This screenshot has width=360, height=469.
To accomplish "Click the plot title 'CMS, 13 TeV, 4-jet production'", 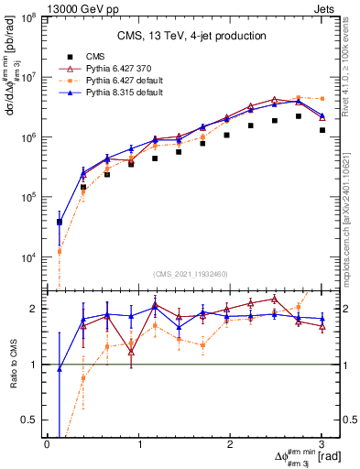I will click(192, 36).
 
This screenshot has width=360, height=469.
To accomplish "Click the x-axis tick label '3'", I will click(322, 443).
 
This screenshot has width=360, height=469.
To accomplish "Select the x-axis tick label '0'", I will click(47, 443).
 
